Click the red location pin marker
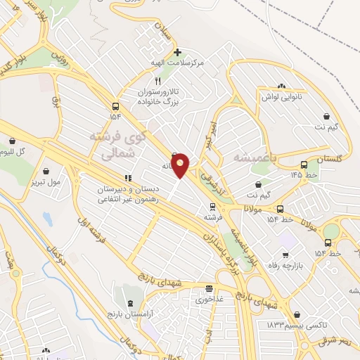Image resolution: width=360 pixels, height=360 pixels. click(x=181, y=165)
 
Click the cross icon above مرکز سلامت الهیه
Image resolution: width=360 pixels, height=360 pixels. click(x=177, y=52)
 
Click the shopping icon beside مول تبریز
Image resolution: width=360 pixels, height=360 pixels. click(x=46, y=170)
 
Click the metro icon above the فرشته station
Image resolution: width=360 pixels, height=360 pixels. click(x=212, y=207)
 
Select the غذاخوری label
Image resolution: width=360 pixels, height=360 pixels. click(x=209, y=299)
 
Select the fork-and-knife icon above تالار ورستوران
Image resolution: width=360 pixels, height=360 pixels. click(x=157, y=82)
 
